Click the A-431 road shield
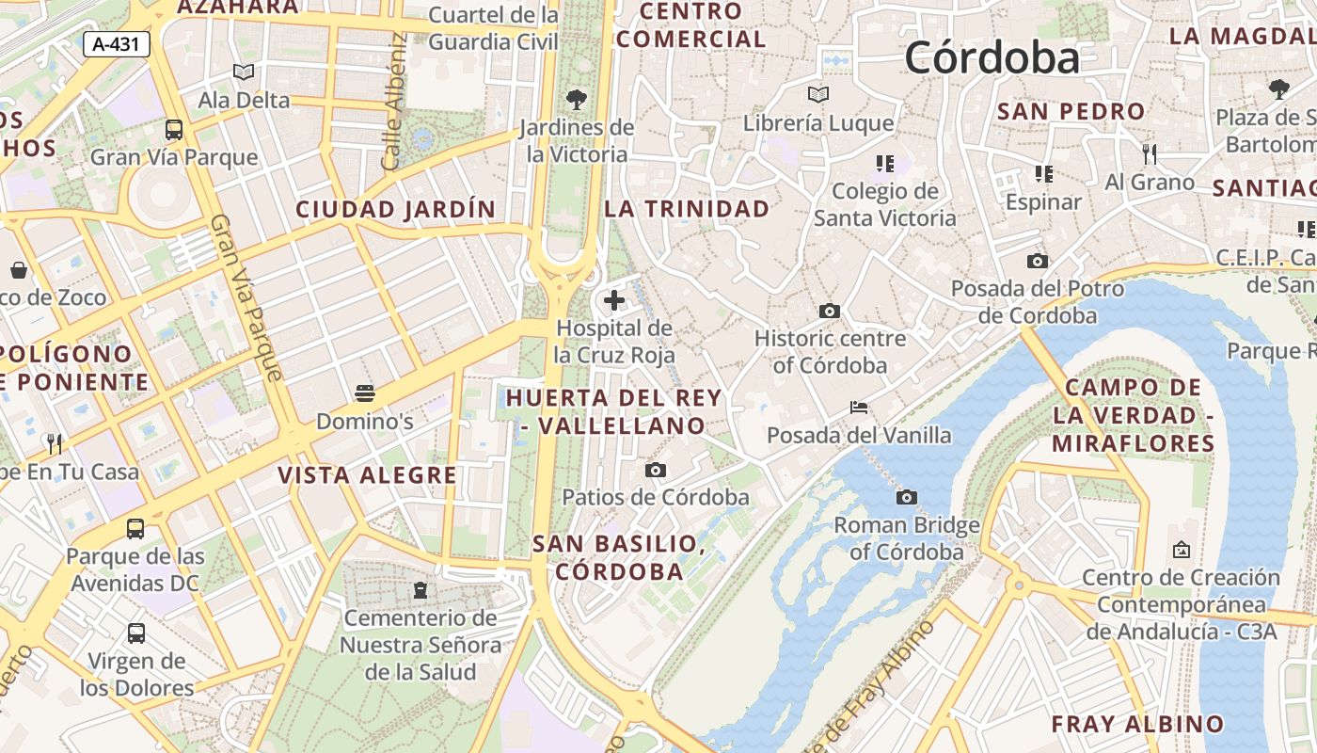(117, 43)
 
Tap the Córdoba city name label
(992, 57)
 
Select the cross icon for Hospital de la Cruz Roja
(614, 300)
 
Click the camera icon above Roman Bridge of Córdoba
(907, 497)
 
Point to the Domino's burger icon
(365, 393)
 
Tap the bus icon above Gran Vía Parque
(174, 129)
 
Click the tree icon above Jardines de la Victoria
(577, 98)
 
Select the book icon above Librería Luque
(818, 94)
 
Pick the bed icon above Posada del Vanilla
(859, 407)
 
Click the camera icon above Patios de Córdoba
(656, 470)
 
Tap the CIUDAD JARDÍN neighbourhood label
(396, 209)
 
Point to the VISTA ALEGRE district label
(367, 475)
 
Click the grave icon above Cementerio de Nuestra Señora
(420, 590)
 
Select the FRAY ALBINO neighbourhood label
(1137, 724)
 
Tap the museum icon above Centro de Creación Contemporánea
(1182, 549)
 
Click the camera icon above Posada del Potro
(1038, 261)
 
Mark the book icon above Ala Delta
(244, 72)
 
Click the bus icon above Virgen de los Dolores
(136, 633)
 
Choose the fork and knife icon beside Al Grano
(1149, 152)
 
